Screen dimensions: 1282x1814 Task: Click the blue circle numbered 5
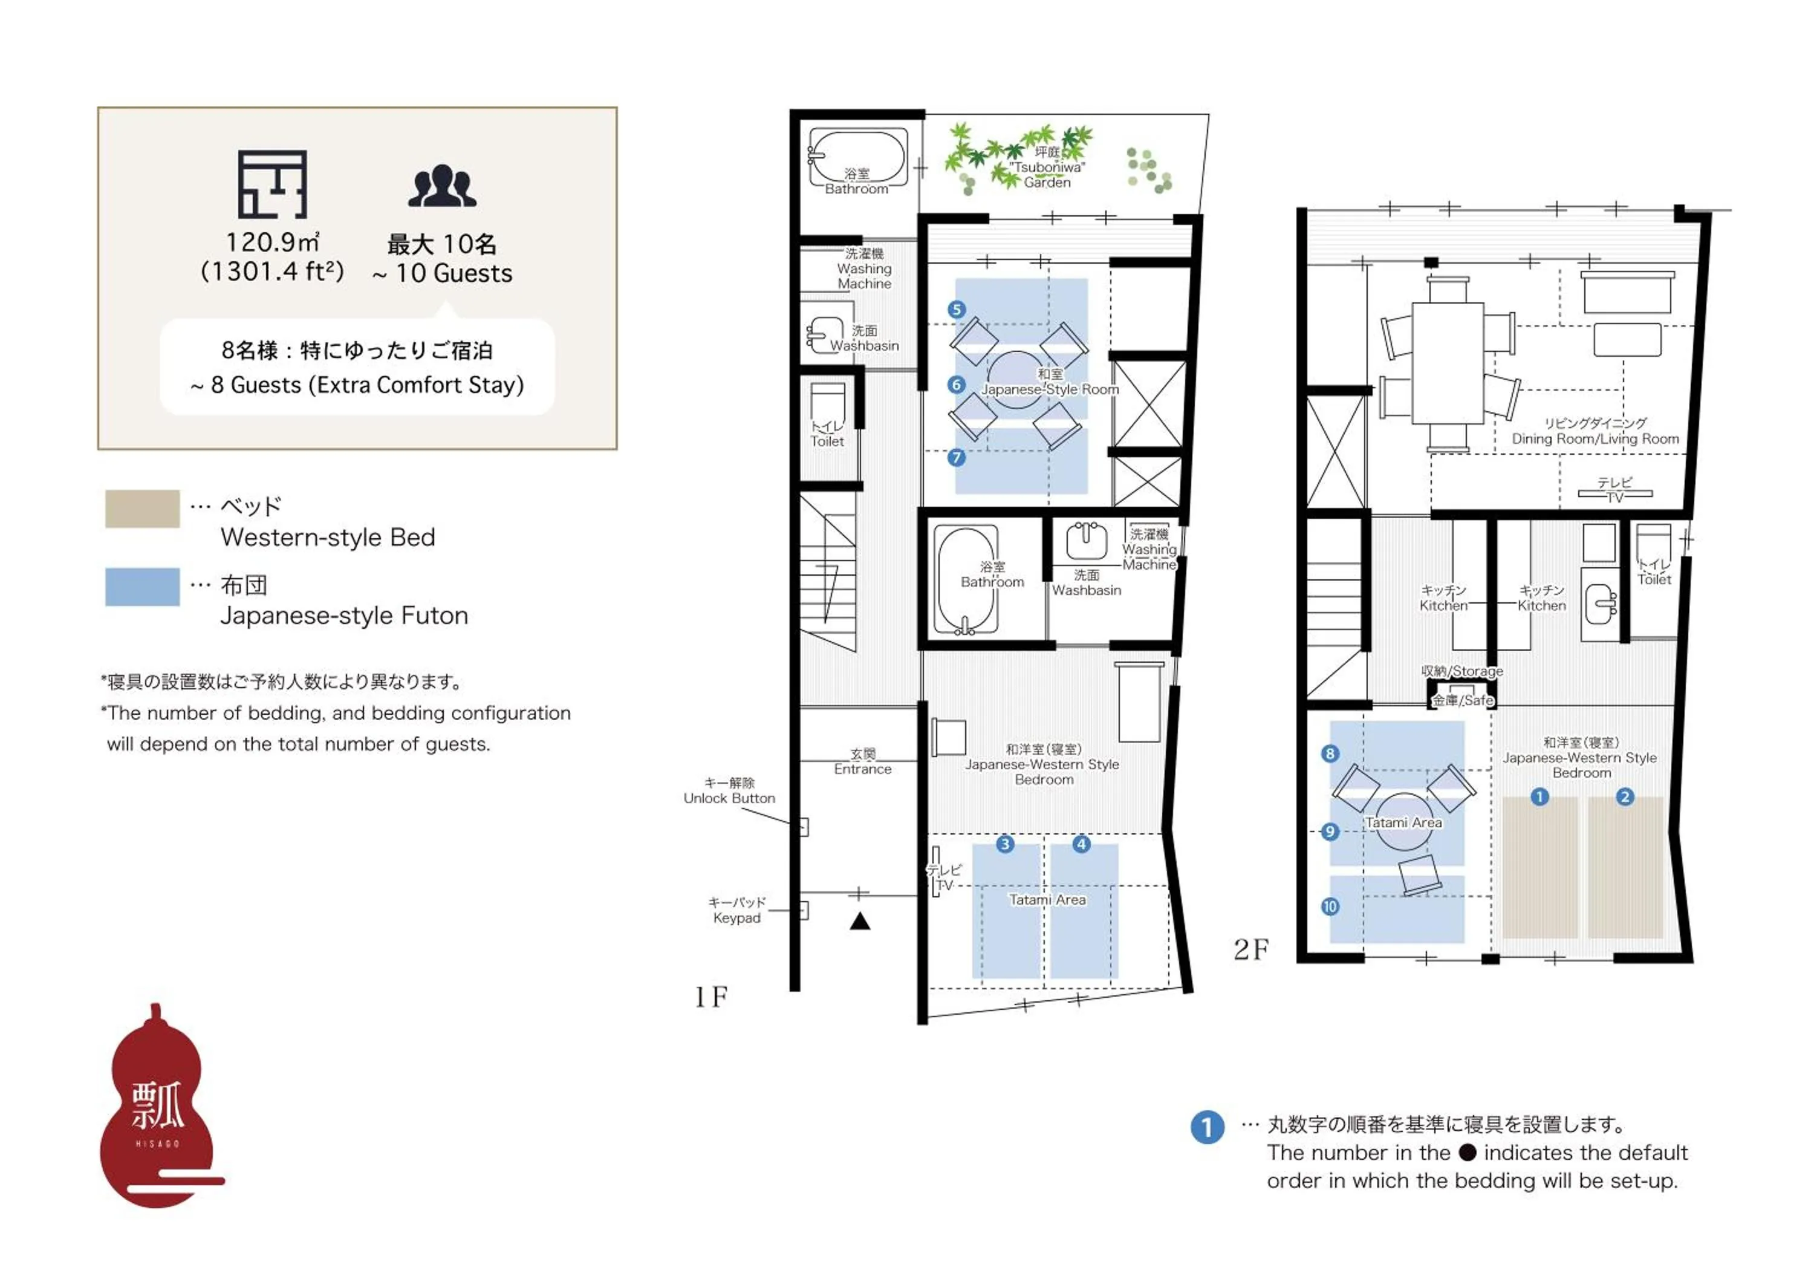pyautogui.click(x=957, y=310)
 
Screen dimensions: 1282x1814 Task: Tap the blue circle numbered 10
pyautogui.click(x=1330, y=907)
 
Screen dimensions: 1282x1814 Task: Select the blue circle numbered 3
pyautogui.click(x=1005, y=844)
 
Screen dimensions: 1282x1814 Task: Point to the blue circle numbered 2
pyautogui.click(x=1625, y=797)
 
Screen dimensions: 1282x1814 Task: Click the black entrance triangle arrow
pyautogui.click(x=860, y=921)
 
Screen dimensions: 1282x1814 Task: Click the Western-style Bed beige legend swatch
pyautogui.click(x=142, y=509)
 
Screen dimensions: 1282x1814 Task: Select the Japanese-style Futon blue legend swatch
pyautogui.click(x=142, y=587)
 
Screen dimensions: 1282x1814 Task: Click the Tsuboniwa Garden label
pyautogui.click(x=1048, y=168)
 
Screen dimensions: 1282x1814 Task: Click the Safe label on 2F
pyautogui.click(x=1463, y=701)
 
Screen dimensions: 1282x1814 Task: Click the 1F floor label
pyautogui.click(x=710, y=998)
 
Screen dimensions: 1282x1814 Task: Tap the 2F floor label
pyautogui.click(x=1252, y=949)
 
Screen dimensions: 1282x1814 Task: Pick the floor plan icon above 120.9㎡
pyautogui.click(x=273, y=184)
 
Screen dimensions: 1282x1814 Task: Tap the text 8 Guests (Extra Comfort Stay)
pyautogui.click(x=357, y=385)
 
